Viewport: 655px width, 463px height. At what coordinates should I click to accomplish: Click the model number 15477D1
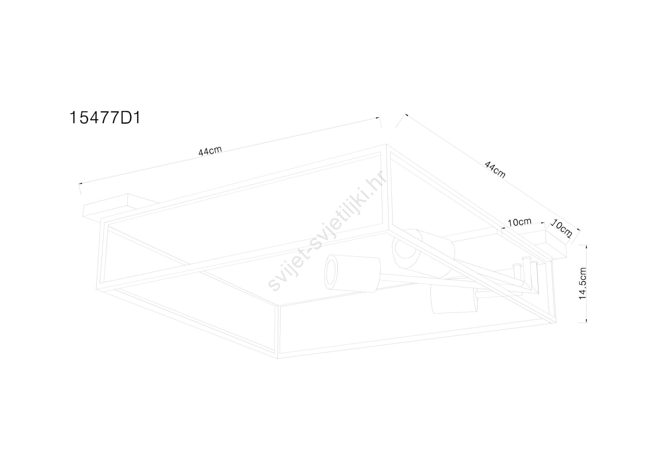coord(105,118)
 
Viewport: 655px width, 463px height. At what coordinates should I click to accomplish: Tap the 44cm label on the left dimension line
coord(210,151)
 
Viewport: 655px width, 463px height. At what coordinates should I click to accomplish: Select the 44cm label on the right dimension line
coord(495,169)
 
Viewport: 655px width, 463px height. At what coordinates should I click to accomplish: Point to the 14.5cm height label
coord(583,283)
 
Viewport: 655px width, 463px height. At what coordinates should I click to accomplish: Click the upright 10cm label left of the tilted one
coord(519,222)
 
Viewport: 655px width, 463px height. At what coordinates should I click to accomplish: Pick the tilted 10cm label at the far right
coord(561,229)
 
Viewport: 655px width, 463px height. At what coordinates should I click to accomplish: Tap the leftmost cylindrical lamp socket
coord(352,273)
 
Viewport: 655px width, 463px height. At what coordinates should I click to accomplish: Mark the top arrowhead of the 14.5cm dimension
coord(586,246)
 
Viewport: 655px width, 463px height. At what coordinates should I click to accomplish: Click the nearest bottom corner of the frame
coord(278,358)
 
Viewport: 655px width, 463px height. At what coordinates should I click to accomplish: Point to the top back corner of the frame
coord(386,144)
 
